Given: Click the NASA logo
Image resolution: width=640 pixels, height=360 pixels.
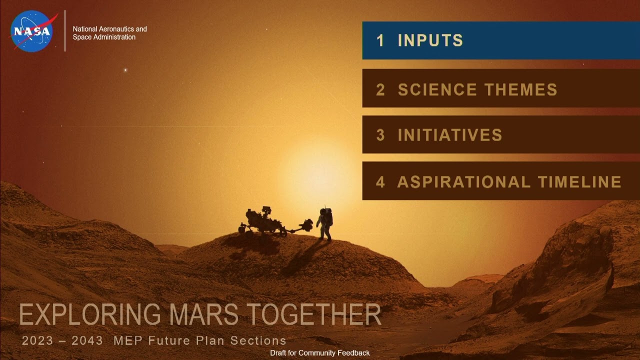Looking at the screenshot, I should [x=32, y=31].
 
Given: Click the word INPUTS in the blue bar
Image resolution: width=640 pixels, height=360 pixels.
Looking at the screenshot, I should [x=430, y=40].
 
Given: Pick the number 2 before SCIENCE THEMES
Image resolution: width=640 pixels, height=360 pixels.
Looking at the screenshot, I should [x=380, y=90].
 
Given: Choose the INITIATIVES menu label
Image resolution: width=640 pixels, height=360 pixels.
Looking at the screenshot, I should [x=449, y=135].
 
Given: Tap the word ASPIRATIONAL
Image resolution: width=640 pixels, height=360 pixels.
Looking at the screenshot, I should [x=463, y=181].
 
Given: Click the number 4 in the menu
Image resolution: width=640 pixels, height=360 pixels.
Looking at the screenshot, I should [x=380, y=181].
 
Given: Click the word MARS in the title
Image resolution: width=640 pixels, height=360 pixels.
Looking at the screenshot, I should [x=205, y=315].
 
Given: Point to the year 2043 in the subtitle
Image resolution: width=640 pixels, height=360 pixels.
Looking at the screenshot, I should [x=87, y=341].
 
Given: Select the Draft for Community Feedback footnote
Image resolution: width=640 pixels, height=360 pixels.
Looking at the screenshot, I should [x=320, y=353].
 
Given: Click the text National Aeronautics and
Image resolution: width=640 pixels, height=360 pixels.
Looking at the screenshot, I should [x=110, y=29].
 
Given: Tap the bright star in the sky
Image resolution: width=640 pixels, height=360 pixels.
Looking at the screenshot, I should [x=125, y=70].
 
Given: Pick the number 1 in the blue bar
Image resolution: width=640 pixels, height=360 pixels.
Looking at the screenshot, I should [x=380, y=40].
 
